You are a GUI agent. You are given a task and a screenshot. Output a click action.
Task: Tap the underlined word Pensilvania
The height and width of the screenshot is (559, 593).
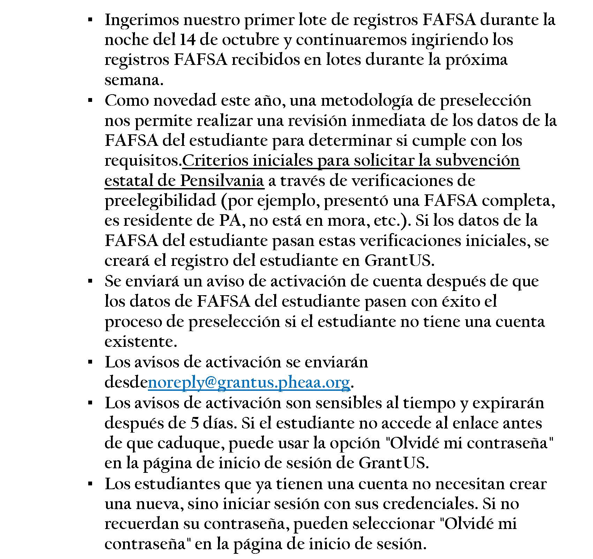pyautogui.click(x=222, y=181)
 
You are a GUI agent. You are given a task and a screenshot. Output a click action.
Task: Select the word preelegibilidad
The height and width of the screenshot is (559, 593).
pyautogui.click(x=160, y=201)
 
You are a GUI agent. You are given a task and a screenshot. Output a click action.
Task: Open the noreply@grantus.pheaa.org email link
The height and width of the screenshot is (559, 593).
pyautogui.click(x=249, y=382)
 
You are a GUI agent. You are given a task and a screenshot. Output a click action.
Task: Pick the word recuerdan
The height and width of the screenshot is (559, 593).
pyautogui.click(x=138, y=524)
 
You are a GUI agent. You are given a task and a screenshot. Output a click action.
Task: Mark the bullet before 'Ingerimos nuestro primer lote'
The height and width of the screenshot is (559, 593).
pyautogui.click(x=90, y=20)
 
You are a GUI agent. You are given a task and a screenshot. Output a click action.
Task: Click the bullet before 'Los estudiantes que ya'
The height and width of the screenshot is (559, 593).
pyautogui.click(x=90, y=484)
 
